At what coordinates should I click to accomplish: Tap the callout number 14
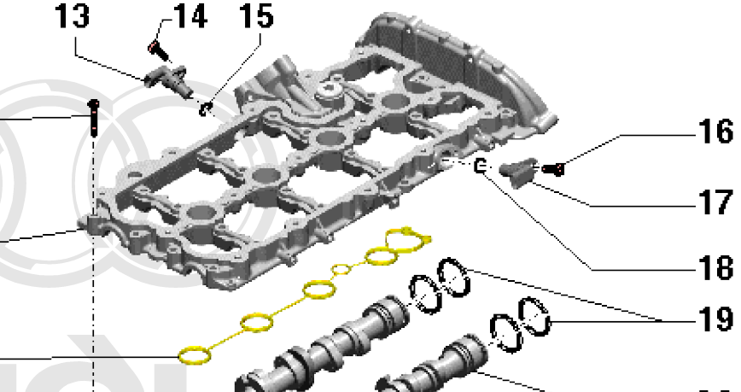point(190,16)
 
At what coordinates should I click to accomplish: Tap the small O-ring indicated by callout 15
point(205,108)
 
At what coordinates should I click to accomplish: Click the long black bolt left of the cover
point(92,119)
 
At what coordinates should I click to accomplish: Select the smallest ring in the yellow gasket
point(341,271)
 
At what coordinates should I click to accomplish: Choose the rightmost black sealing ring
point(538,317)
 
